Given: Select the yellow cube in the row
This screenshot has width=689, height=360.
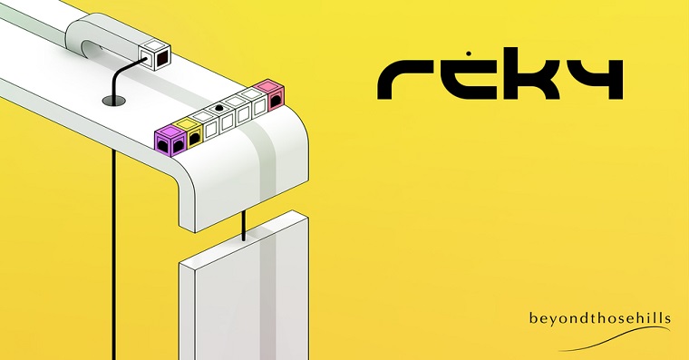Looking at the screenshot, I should (188, 131).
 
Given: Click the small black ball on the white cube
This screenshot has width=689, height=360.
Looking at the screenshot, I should (218, 109).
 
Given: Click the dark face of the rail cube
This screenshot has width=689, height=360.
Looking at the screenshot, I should (161, 61).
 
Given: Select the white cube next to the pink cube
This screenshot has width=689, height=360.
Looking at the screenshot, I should (257, 102).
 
